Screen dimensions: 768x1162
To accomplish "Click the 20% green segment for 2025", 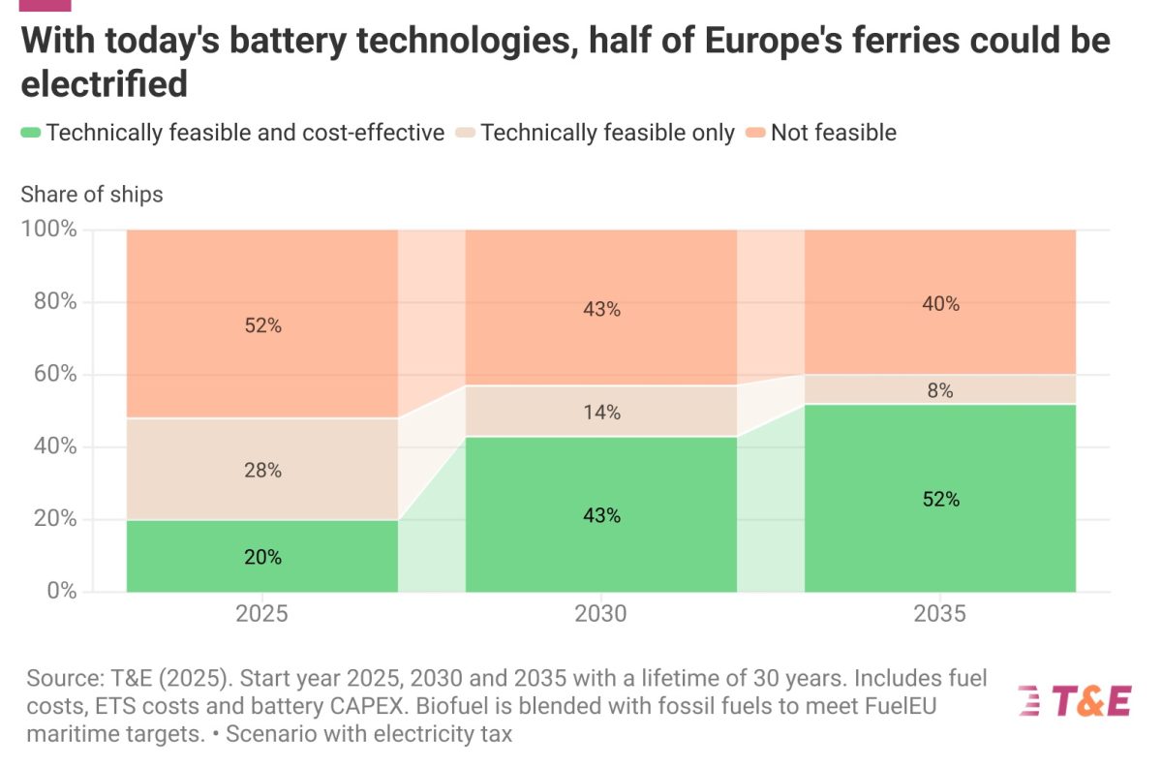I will click(x=261, y=556).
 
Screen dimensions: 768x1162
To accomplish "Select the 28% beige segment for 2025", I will click(x=261, y=470).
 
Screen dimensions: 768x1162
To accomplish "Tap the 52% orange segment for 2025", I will click(x=261, y=325).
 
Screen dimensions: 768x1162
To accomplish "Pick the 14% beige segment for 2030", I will click(x=600, y=412).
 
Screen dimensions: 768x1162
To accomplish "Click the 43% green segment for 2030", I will click(x=600, y=515).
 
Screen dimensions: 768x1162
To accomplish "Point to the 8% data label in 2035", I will click(x=939, y=390).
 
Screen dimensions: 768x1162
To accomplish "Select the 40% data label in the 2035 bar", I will click(x=939, y=303).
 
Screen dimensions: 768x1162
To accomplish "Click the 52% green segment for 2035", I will click(x=939, y=499).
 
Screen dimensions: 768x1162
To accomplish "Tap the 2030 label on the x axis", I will click(x=600, y=615).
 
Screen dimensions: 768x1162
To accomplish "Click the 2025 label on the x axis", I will click(x=261, y=615).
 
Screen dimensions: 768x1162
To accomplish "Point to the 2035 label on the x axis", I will click(x=939, y=615).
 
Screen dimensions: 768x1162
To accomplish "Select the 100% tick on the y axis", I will click(x=48, y=230).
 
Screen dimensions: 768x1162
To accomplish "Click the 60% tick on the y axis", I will click(x=54, y=374).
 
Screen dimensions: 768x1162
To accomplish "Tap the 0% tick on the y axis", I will click(x=60, y=591).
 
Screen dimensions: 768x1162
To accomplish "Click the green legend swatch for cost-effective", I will click(x=30, y=133).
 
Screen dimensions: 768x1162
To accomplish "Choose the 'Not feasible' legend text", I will click(x=833, y=133).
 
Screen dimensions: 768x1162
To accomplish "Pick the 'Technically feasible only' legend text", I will click(x=607, y=133).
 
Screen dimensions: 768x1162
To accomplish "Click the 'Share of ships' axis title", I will click(x=92, y=194).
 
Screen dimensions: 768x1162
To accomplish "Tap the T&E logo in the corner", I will click(x=1074, y=699).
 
